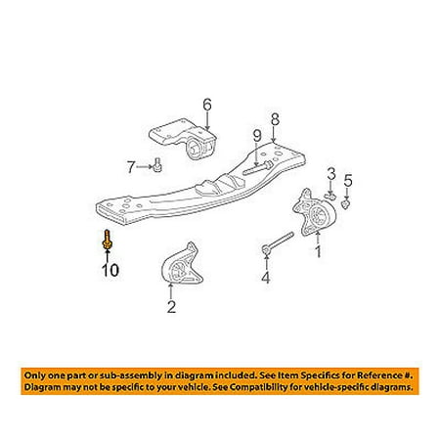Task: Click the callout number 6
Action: (x=207, y=105)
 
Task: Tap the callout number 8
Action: (x=275, y=119)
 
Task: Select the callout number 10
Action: (x=110, y=270)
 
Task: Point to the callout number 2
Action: (x=171, y=307)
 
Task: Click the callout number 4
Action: (x=266, y=278)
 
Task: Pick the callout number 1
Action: (x=318, y=251)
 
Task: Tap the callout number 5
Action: (x=348, y=180)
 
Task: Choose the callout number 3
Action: (x=331, y=174)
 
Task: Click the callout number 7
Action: (x=130, y=167)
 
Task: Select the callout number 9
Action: (x=257, y=136)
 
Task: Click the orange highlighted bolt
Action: (x=107, y=241)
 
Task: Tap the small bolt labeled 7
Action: (x=158, y=164)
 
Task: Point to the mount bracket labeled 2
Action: (x=182, y=264)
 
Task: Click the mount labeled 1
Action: (x=314, y=212)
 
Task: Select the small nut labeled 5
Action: (x=346, y=204)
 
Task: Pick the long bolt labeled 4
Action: (x=278, y=242)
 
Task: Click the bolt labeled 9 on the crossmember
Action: (x=258, y=167)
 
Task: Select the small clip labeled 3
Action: (x=330, y=196)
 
